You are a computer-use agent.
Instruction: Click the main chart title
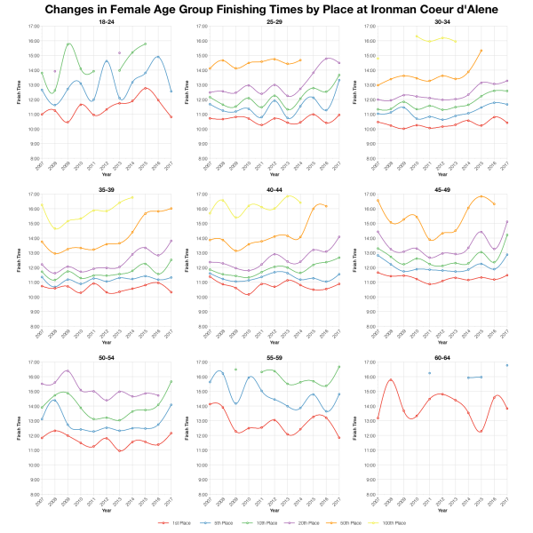click(x=266, y=10)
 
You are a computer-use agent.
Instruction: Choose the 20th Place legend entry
click(x=295, y=524)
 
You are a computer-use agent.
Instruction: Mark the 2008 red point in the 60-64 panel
click(x=390, y=379)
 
